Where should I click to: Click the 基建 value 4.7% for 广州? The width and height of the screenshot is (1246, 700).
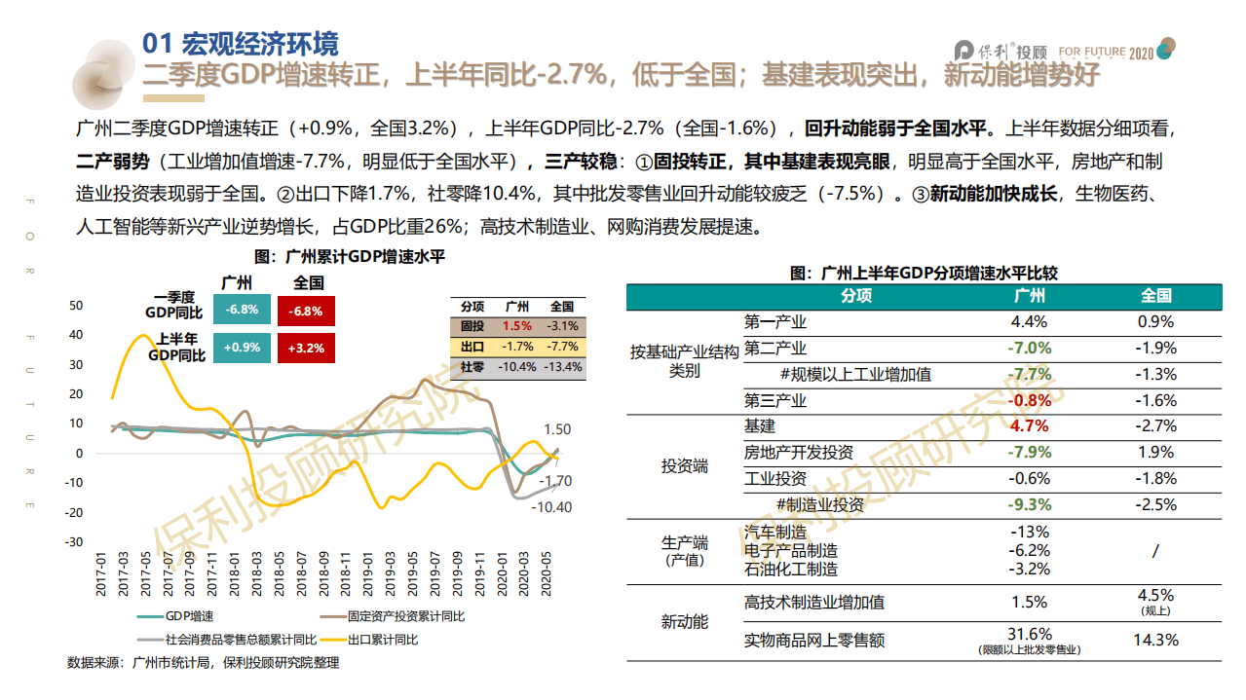(1030, 426)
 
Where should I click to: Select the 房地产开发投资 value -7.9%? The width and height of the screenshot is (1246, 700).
(1030, 453)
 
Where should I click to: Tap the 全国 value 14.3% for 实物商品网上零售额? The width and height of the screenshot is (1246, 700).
(1156, 640)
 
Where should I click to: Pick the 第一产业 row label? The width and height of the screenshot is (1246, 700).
(774, 322)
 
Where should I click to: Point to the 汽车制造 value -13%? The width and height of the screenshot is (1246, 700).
(1030, 532)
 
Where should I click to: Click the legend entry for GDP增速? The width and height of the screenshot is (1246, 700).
(188, 616)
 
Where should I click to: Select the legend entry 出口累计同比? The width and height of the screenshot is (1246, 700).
(383, 640)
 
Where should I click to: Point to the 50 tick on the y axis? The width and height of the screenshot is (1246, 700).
(76, 306)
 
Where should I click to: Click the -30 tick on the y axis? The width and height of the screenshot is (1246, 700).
(74, 542)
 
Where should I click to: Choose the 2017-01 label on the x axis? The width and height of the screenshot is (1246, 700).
(100, 572)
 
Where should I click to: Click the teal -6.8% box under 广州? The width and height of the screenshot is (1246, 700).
(241, 311)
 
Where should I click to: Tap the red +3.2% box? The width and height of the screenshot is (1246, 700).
(306, 348)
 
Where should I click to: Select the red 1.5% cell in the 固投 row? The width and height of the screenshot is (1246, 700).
(517, 326)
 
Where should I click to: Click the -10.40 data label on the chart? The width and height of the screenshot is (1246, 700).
(551, 507)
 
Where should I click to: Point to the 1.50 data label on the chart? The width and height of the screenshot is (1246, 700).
(556, 429)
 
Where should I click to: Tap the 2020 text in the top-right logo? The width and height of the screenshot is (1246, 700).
(1142, 53)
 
